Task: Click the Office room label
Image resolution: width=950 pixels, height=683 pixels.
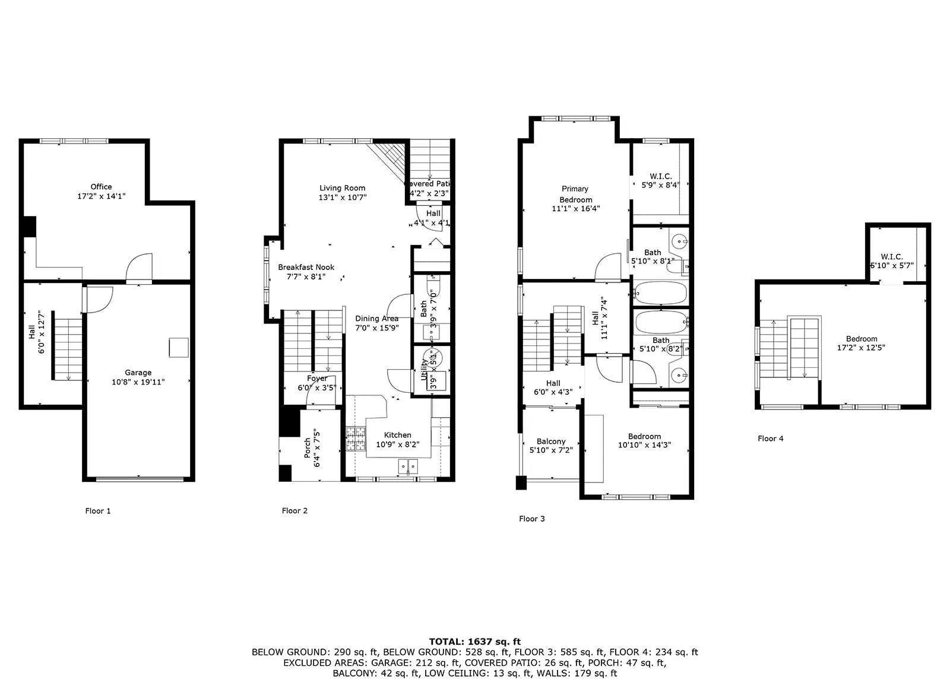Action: pyautogui.click(x=101, y=186)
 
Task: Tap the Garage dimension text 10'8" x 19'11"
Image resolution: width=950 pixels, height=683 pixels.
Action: pyautogui.click(x=138, y=382)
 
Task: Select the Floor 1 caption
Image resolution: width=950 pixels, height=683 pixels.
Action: pyautogui.click(x=98, y=511)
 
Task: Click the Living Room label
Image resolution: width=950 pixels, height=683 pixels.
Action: pyautogui.click(x=342, y=188)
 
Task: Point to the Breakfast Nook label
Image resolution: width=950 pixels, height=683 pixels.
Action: pyautogui.click(x=306, y=267)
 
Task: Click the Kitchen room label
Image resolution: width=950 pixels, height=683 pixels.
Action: pyautogui.click(x=397, y=435)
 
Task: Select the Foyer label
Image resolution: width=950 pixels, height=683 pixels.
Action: pyautogui.click(x=317, y=378)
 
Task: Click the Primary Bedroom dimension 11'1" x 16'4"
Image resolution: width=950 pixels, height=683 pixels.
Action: pyautogui.click(x=575, y=208)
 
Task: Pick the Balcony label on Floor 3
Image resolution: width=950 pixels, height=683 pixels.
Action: pyautogui.click(x=550, y=441)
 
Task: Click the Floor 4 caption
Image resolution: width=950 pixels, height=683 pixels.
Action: pyautogui.click(x=770, y=439)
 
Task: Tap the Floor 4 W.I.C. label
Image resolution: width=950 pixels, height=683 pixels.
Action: pyautogui.click(x=891, y=257)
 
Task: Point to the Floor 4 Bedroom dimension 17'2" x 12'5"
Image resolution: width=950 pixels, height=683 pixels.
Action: pyautogui.click(x=861, y=348)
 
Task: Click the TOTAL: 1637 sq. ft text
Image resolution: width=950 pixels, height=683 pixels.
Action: pyautogui.click(x=474, y=641)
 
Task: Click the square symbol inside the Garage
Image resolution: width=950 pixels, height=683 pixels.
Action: pyautogui.click(x=179, y=347)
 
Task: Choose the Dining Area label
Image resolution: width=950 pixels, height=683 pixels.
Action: pyautogui.click(x=376, y=319)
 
